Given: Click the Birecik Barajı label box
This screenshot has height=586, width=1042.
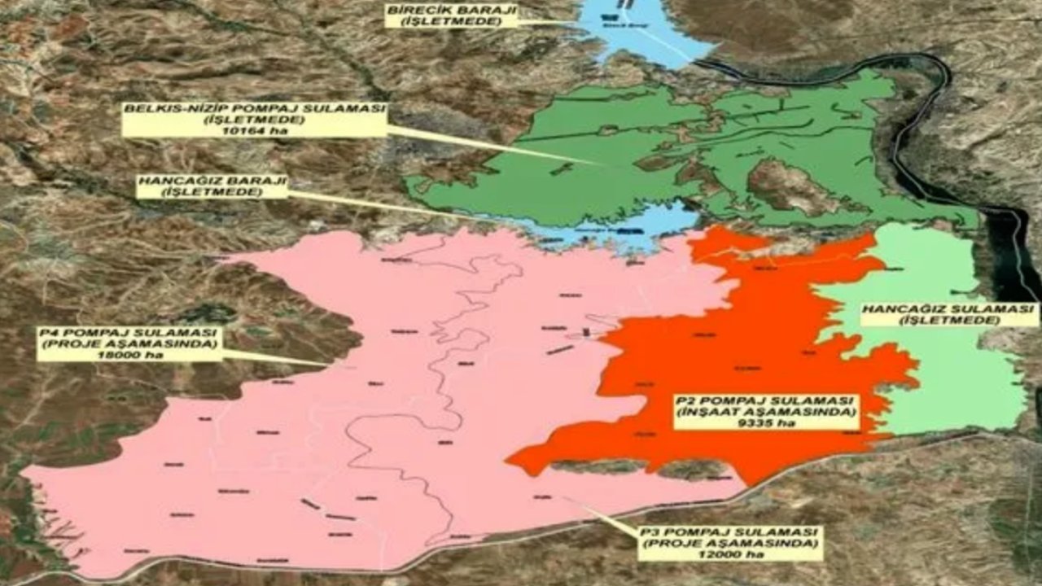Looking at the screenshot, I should (451, 14).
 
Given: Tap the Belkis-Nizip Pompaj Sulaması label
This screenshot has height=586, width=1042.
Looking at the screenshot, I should (254, 120).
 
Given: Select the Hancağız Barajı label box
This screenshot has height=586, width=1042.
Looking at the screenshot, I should (212, 186).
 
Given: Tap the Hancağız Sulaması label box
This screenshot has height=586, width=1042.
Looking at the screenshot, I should (948, 314).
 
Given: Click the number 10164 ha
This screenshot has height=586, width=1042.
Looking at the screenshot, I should (254, 131).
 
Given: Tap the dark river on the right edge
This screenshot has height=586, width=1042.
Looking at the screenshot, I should (1009, 244).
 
